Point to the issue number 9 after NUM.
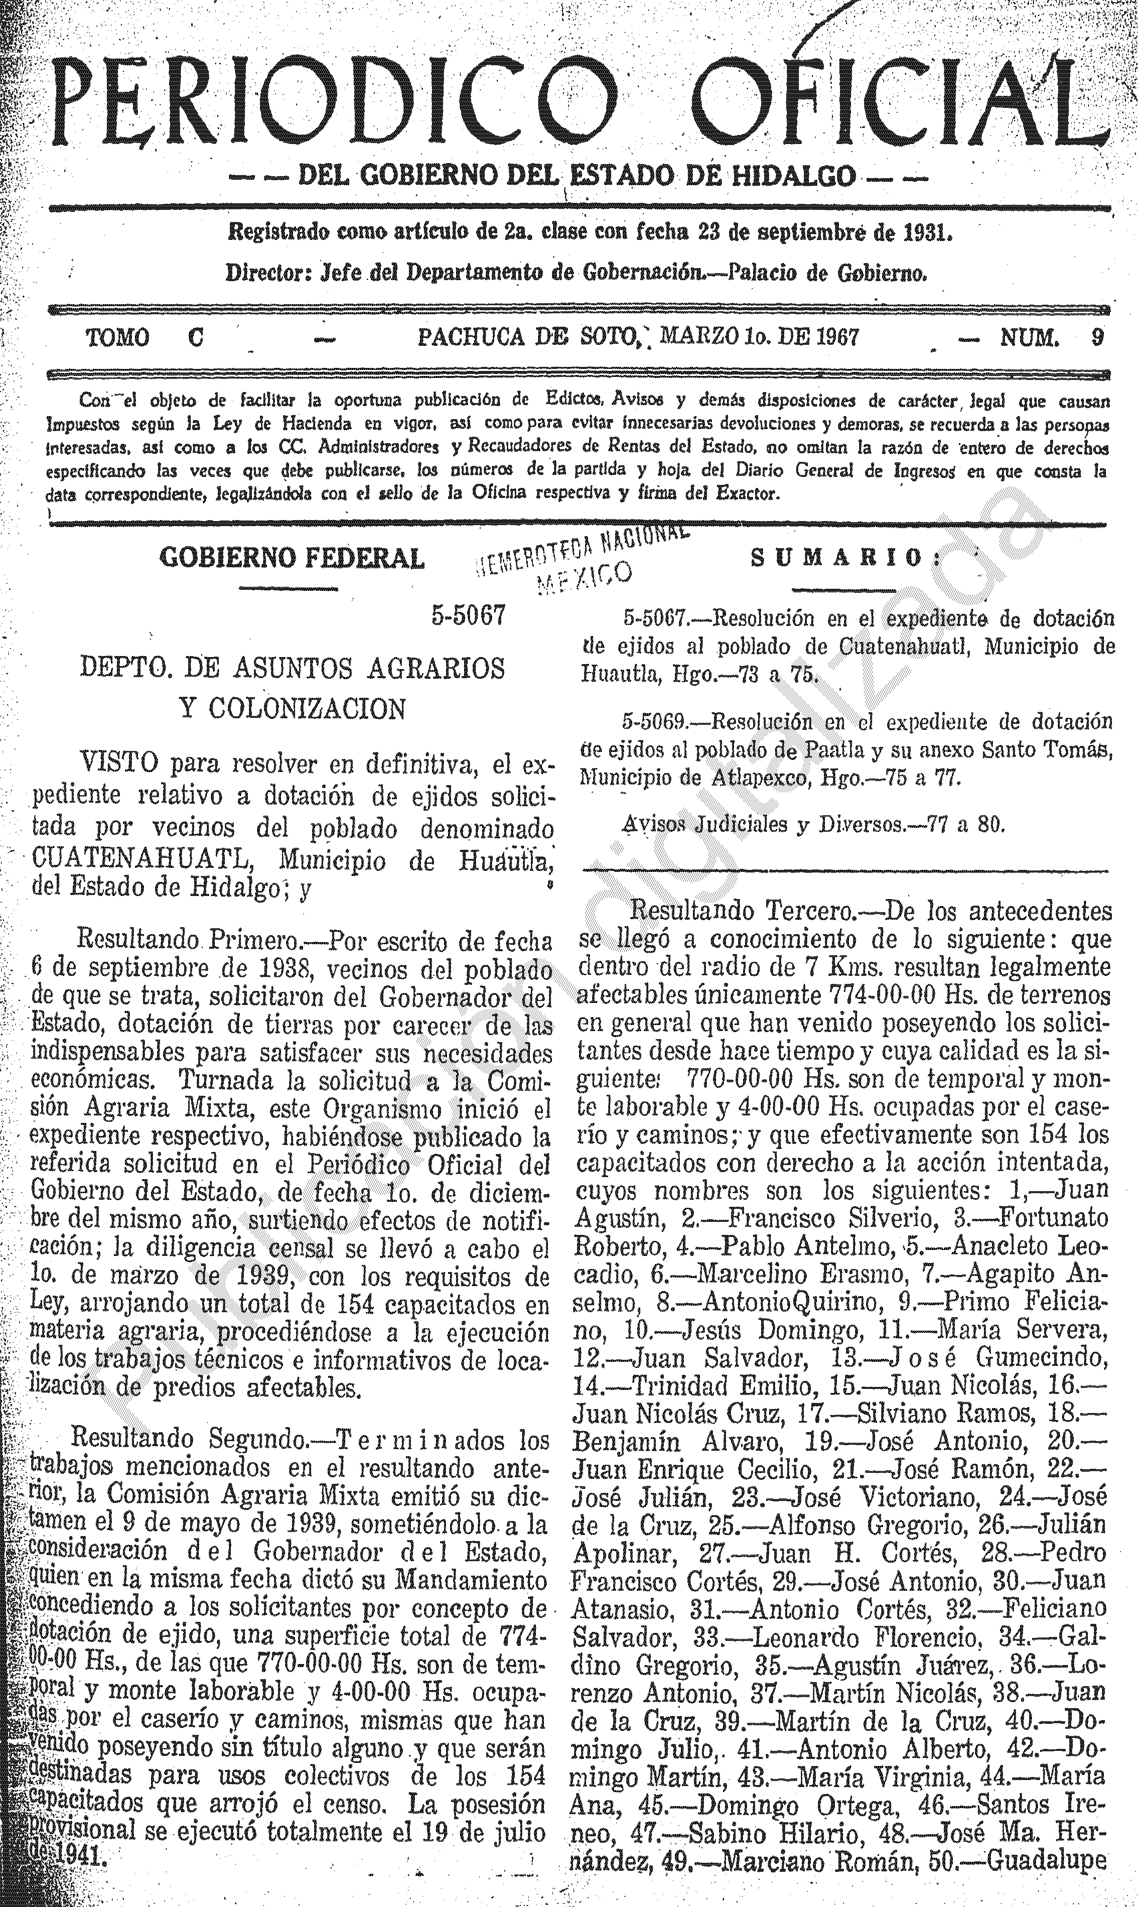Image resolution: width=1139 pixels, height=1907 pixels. click(x=1098, y=338)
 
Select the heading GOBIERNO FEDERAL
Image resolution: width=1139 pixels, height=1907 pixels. click(x=292, y=558)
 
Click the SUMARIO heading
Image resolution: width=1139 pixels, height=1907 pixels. click(x=836, y=558)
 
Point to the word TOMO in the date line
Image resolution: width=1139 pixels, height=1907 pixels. click(x=117, y=338)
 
